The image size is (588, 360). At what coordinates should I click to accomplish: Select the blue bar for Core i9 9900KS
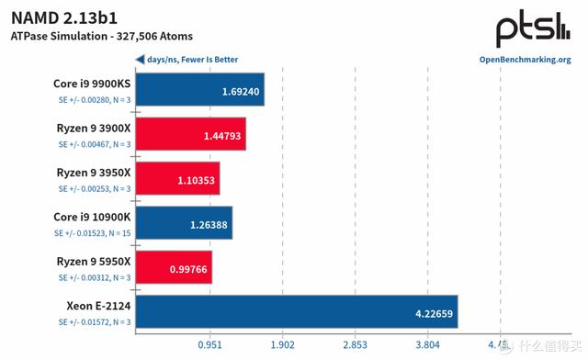pyautogui.click(x=200, y=90)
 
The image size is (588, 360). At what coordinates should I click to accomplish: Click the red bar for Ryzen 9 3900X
pyautogui.click(x=190, y=134)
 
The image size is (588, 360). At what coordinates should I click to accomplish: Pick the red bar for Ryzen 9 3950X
pyautogui.click(x=177, y=179)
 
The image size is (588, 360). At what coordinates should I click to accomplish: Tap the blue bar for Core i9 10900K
pyautogui.click(x=184, y=223)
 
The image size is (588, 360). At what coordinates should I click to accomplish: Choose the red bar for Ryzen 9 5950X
pyautogui.click(x=174, y=267)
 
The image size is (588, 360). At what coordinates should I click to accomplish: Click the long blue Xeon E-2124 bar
pyautogui.click(x=296, y=311)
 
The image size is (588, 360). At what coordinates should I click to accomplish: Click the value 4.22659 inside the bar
pyautogui.click(x=428, y=312)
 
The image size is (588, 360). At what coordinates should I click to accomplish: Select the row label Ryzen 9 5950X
pyautogui.click(x=94, y=262)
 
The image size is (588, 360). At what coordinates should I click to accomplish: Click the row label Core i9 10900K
pyautogui.click(x=92, y=217)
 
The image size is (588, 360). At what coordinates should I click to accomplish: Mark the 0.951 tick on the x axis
pyautogui.click(x=210, y=346)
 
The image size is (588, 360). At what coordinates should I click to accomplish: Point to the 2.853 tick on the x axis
pyautogui.click(x=355, y=346)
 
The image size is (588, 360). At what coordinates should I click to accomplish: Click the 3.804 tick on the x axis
pyautogui.click(x=427, y=346)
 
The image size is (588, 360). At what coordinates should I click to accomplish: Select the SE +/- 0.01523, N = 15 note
pyautogui.click(x=92, y=234)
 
